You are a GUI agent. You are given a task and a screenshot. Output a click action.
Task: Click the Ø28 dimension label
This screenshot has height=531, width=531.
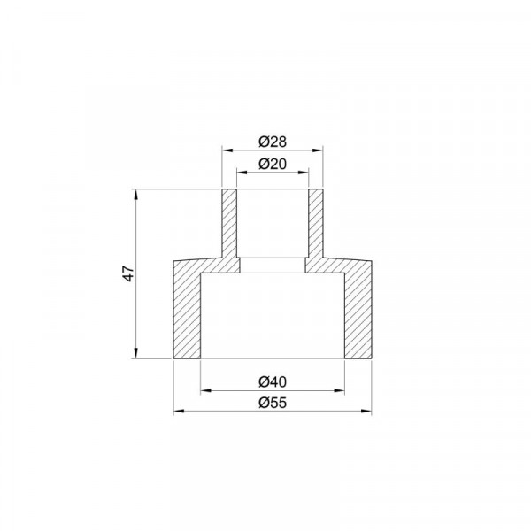click(273, 142)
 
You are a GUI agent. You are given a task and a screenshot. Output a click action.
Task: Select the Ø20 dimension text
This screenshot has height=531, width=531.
click(273, 165)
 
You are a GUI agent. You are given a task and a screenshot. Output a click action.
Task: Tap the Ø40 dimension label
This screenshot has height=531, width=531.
click(273, 382)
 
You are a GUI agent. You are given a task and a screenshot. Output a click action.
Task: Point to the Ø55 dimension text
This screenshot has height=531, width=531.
click(273, 403)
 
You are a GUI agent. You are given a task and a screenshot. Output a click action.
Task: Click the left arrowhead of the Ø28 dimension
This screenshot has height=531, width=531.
click(227, 150)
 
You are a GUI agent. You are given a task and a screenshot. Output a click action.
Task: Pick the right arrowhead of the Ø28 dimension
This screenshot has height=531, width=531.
click(318, 150)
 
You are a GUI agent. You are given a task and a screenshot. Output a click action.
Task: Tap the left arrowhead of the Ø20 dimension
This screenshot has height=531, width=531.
click(242, 173)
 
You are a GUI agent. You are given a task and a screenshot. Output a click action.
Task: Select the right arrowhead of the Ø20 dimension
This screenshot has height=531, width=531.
click(303, 173)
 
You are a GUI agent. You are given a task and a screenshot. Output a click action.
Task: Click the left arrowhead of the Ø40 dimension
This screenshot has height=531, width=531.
click(206, 390)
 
